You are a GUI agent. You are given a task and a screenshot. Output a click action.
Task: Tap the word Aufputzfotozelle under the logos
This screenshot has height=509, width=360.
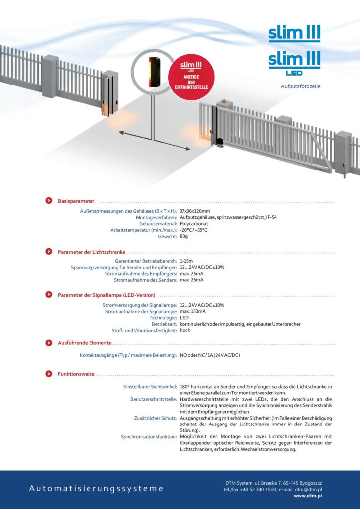(x=300, y=86)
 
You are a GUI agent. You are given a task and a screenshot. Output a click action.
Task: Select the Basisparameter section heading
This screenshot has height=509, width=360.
(x=76, y=201)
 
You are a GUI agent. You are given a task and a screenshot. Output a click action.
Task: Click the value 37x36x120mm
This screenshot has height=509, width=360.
(x=194, y=211)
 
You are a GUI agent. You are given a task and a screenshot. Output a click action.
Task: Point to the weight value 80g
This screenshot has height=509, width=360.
(x=184, y=236)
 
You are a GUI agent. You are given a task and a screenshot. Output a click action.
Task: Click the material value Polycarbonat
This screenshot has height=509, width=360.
(x=194, y=224)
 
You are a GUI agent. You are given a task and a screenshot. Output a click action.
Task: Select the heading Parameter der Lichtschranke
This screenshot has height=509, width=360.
(x=91, y=252)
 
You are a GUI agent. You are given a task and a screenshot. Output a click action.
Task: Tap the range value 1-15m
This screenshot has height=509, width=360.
(x=186, y=261)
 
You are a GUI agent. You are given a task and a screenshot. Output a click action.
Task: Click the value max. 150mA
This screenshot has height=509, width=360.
(x=193, y=311)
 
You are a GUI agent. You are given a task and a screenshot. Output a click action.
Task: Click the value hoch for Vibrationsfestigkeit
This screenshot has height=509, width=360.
(x=185, y=330)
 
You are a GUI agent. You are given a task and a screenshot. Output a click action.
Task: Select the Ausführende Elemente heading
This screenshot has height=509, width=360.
(x=85, y=343)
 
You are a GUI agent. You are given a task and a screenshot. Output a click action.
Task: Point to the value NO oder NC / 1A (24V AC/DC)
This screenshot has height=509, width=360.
(x=210, y=355)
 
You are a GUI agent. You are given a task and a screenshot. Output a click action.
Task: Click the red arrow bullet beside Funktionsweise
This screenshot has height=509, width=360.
(x=49, y=374)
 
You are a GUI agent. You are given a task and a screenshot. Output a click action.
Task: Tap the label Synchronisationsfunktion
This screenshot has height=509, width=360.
(x=149, y=437)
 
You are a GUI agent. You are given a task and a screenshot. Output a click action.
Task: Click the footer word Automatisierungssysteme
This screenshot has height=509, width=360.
(x=96, y=488)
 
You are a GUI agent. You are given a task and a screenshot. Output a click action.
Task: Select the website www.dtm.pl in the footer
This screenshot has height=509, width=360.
(x=307, y=496)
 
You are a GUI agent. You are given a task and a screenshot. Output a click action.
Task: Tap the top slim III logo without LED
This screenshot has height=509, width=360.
(x=294, y=34)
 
